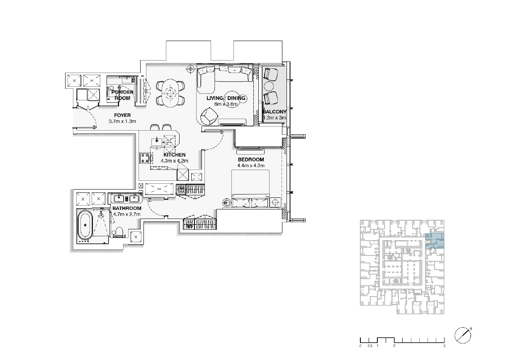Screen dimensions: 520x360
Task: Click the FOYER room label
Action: pyautogui.click(x=122, y=115)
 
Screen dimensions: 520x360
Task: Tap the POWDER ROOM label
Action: pyautogui.click(x=122, y=95)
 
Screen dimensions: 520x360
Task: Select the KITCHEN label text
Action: pyautogui.click(x=174, y=155)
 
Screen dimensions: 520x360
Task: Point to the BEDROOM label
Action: pyautogui.click(x=251, y=160)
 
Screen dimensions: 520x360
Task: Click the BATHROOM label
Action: pyautogui.click(x=127, y=208)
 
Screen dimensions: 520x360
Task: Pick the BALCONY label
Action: pyautogui.click(x=275, y=112)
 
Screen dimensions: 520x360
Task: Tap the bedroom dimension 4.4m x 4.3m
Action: pyautogui.click(x=251, y=165)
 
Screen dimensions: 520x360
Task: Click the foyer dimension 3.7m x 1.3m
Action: pyautogui.click(x=122, y=121)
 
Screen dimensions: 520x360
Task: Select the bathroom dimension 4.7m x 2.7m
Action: pyautogui.click(x=127, y=214)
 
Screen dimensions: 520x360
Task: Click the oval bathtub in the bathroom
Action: pyautogui.click(x=85, y=225)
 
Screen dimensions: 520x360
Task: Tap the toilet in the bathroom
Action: pyautogui.click(x=119, y=232)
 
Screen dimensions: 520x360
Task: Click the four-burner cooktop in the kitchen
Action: pyautogui.click(x=145, y=158)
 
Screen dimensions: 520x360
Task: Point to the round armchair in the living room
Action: pyautogui.click(x=209, y=116)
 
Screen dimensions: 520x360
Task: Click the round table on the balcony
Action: pyautogui.click(x=269, y=86)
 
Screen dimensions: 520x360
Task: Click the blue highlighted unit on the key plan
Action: pyautogui.click(x=435, y=241)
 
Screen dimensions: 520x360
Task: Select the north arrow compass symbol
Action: pyautogui.click(x=463, y=336)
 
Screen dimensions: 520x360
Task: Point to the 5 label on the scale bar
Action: pyautogui.click(x=444, y=346)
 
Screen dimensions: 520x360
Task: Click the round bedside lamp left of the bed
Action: pyautogui.click(x=226, y=203)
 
